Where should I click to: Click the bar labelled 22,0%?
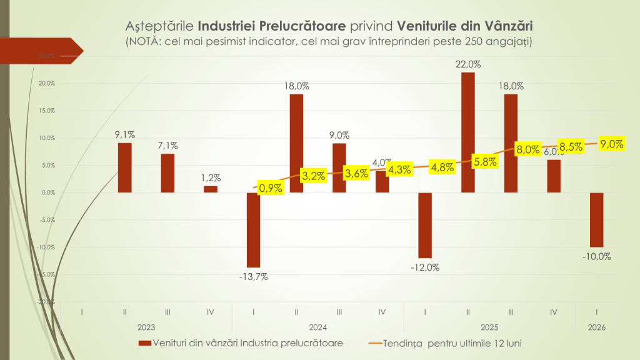click(x=467, y=132)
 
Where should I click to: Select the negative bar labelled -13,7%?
click(x=253, y=229)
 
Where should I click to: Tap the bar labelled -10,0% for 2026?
click(x=596, y=219)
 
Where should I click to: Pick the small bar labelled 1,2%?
click(x=211, y=189)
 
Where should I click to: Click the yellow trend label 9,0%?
click(x=611, y=144)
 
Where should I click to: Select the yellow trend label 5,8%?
click(x=486, y=161)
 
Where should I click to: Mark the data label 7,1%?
click(x=167, y=146)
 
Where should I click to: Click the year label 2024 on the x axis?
click(x=317, y=327)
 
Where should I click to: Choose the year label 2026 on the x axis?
click(x=596, y=327)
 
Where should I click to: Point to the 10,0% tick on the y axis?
click(x=47, y=138)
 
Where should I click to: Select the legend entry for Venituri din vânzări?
click(x=241, y=342)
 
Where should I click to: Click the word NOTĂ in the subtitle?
click(x=145, y=42)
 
